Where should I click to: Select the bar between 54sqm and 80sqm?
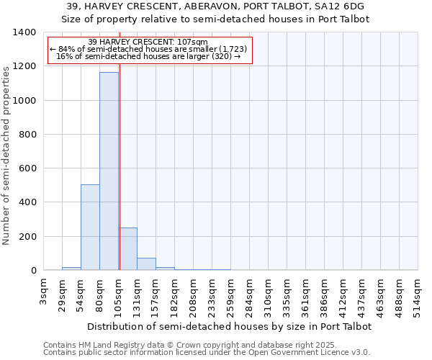[90, 228]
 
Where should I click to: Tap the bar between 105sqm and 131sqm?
[127, 249]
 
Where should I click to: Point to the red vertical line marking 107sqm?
[120, 158]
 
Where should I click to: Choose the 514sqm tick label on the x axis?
[418, 295]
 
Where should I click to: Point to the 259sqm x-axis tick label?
[231, 295]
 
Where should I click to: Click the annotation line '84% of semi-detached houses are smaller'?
[148, 49]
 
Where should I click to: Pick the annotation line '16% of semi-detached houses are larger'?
[148, 56]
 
